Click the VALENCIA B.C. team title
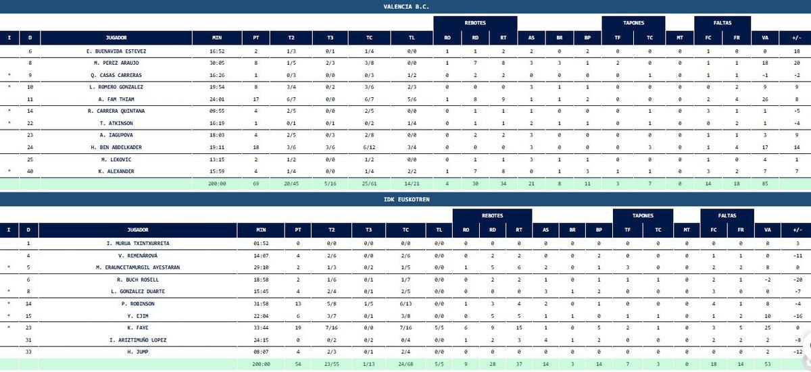[x=405, y=7]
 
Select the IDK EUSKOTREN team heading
[x=405, y=200]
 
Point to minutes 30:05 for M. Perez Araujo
[x=217, y=63]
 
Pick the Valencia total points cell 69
[x=256, y=183]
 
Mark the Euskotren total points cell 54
[x=299, y=363]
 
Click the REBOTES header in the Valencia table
[x=475, y=23]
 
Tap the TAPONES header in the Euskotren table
[x=643, y=216]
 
